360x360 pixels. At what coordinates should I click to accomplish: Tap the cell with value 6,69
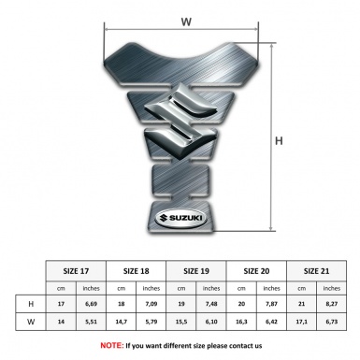click(92, 304)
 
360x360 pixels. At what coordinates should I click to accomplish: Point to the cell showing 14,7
click(121, 323)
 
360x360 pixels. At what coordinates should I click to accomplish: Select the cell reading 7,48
click(211, 304)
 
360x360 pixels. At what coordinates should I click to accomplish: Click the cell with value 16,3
click(240, 323)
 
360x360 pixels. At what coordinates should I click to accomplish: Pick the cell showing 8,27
click(331, 304)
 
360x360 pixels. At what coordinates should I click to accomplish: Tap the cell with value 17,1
click(300, 323)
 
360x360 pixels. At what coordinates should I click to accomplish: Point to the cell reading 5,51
click(92, 323)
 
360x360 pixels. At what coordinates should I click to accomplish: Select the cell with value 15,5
click(180, 323)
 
